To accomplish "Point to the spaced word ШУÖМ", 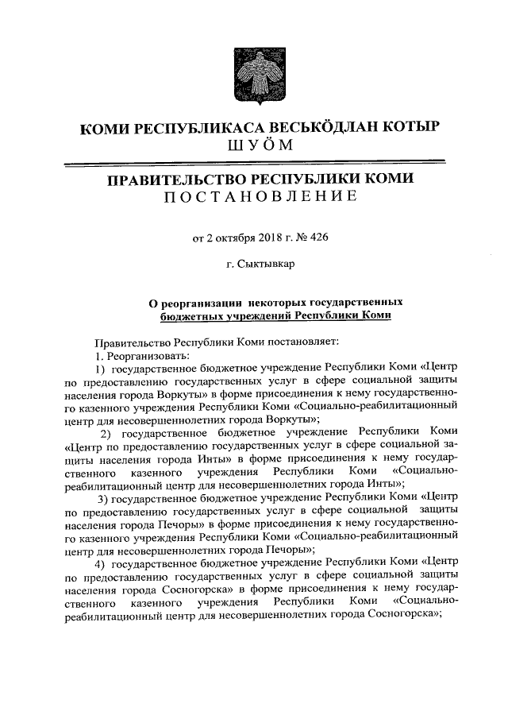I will pyautogui.click(x=254, y=145).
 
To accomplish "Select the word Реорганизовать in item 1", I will pyautogui.click(x=144, y=355).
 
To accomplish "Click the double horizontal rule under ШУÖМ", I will pyautogui.click(x=254, y=163).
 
